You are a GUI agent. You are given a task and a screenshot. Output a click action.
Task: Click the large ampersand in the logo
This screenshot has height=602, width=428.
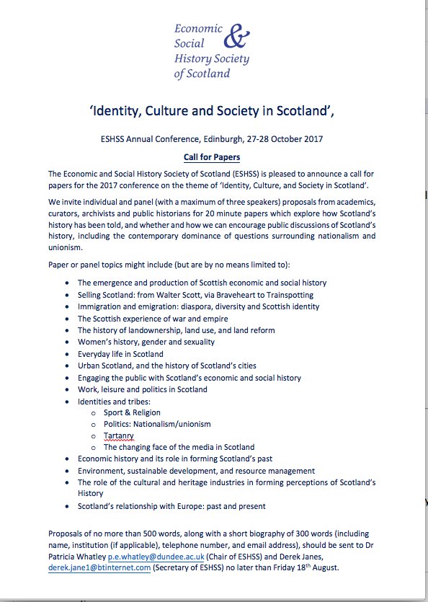(236, 35)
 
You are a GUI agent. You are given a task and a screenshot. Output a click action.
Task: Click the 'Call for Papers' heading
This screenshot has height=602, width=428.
(213, 156)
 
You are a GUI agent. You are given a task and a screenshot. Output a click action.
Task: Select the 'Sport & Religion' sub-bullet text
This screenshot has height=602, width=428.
(132, 412)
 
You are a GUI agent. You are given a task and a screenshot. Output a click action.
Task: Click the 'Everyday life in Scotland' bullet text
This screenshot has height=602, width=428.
(120, 354)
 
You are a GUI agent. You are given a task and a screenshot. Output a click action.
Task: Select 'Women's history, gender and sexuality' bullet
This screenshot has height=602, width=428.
(146, 342)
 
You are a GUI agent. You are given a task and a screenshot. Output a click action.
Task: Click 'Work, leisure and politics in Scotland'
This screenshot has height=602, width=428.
(142, 389)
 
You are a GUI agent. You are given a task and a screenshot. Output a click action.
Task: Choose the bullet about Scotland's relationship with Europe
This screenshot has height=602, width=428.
(171, 506)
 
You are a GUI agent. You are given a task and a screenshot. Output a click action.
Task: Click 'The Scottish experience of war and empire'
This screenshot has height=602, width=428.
(153, 319)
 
